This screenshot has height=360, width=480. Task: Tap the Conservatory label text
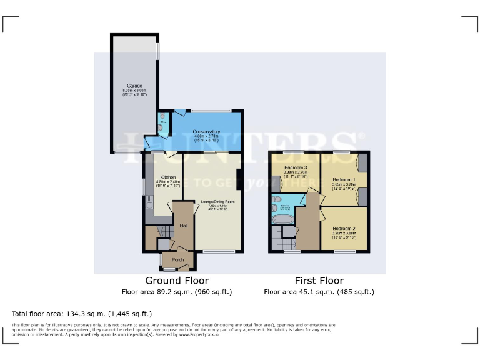point(206,132)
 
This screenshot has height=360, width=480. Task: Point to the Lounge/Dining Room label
point(217,202)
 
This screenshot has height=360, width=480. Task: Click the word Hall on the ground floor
point(184,226)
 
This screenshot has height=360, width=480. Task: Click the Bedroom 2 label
point(344,229)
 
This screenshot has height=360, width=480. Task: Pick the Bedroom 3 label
point(296,168)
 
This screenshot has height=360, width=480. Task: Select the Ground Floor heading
point(177,281)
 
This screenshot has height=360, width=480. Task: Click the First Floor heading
point(319,281)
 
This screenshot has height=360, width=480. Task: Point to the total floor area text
point(82,314)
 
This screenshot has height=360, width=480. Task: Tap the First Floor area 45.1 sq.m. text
point(319,292)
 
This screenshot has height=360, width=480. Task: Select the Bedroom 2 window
point(344,252)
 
